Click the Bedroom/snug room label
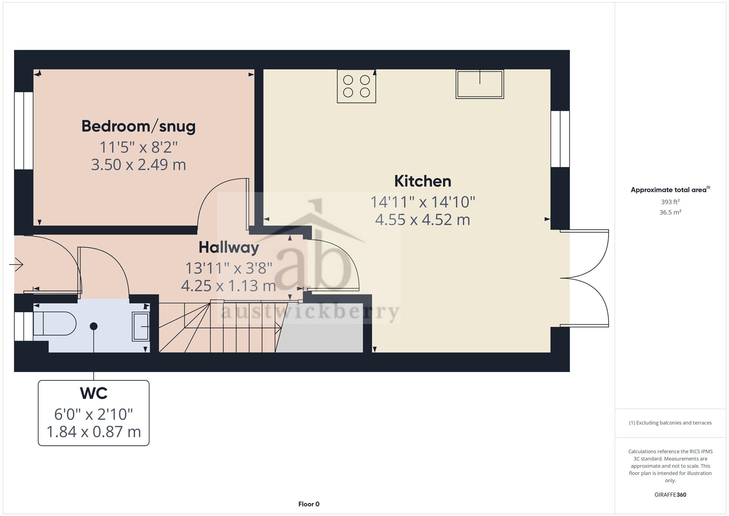(x=139, y=127)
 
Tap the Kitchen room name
(x=423, y=181)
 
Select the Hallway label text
(x=229, y=248)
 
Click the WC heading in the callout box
(x=94, y=393)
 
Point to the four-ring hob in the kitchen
(x=356, y=86)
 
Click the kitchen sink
(x=480, y=84)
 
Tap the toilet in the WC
(x=55, y=323)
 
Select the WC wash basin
(x=141, y=326)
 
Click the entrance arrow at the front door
(x=16, y=264)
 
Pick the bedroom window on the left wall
(x=24, y=131)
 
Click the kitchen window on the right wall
(x=560, y=139)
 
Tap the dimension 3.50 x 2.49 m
(x=139, y=165)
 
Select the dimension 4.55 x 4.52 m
(x=423, y=220)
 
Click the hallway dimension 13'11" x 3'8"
(x=229, y=268)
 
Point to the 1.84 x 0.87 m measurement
(x=94, y=432)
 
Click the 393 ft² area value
(x=670, y=202)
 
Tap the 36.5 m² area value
(x=670, y=212)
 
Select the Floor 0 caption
(x=309, y=504)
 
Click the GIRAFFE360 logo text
(x=670, y=495)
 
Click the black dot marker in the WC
(x=94, y=326)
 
